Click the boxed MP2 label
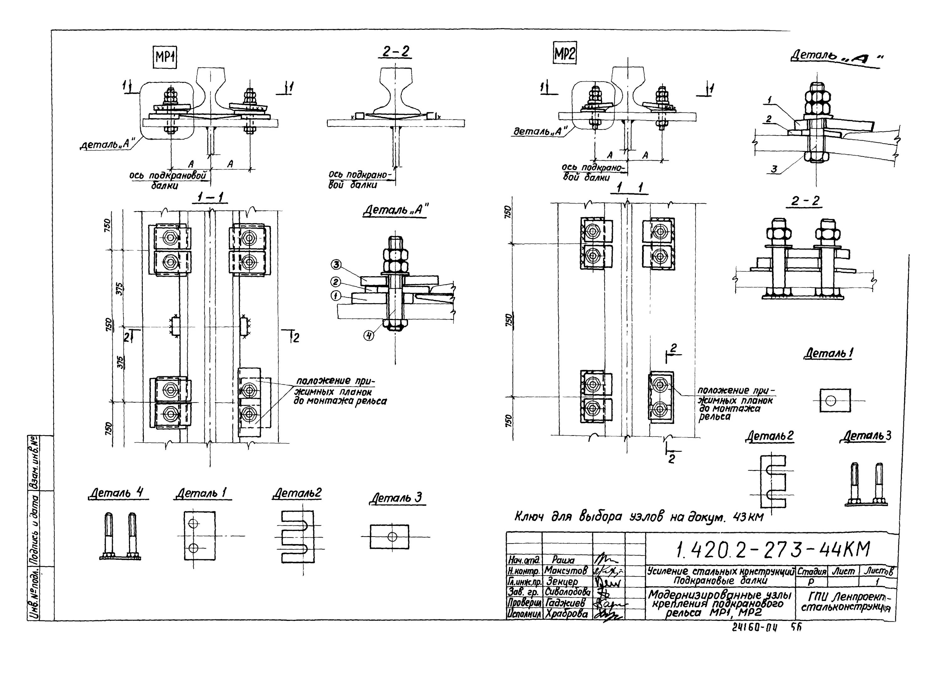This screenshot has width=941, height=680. click(x=564, y=54)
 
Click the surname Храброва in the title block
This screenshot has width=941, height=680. click(x=566, y=614)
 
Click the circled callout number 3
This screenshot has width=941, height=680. click(x=336, y=264)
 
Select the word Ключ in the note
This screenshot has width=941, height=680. click(x=531, y=517)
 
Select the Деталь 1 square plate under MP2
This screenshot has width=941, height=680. click(x=835, y=401)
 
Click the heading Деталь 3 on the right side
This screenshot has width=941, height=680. click(x=865, y=436)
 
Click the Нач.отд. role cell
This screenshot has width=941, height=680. click(x=524, y=560)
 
